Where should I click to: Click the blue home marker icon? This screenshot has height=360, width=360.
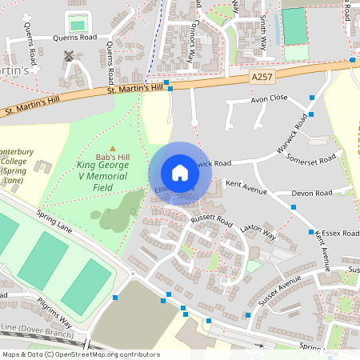[180, 173]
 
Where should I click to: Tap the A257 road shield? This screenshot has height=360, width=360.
[261, 77]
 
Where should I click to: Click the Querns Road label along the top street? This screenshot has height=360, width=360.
[74, 38]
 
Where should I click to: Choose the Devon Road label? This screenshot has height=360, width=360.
[312, 193]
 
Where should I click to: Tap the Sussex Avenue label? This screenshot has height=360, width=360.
[279, 290]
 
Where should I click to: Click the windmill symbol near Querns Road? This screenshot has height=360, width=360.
[69, 56]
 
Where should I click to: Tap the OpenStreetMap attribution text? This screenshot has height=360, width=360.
[80, 354]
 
